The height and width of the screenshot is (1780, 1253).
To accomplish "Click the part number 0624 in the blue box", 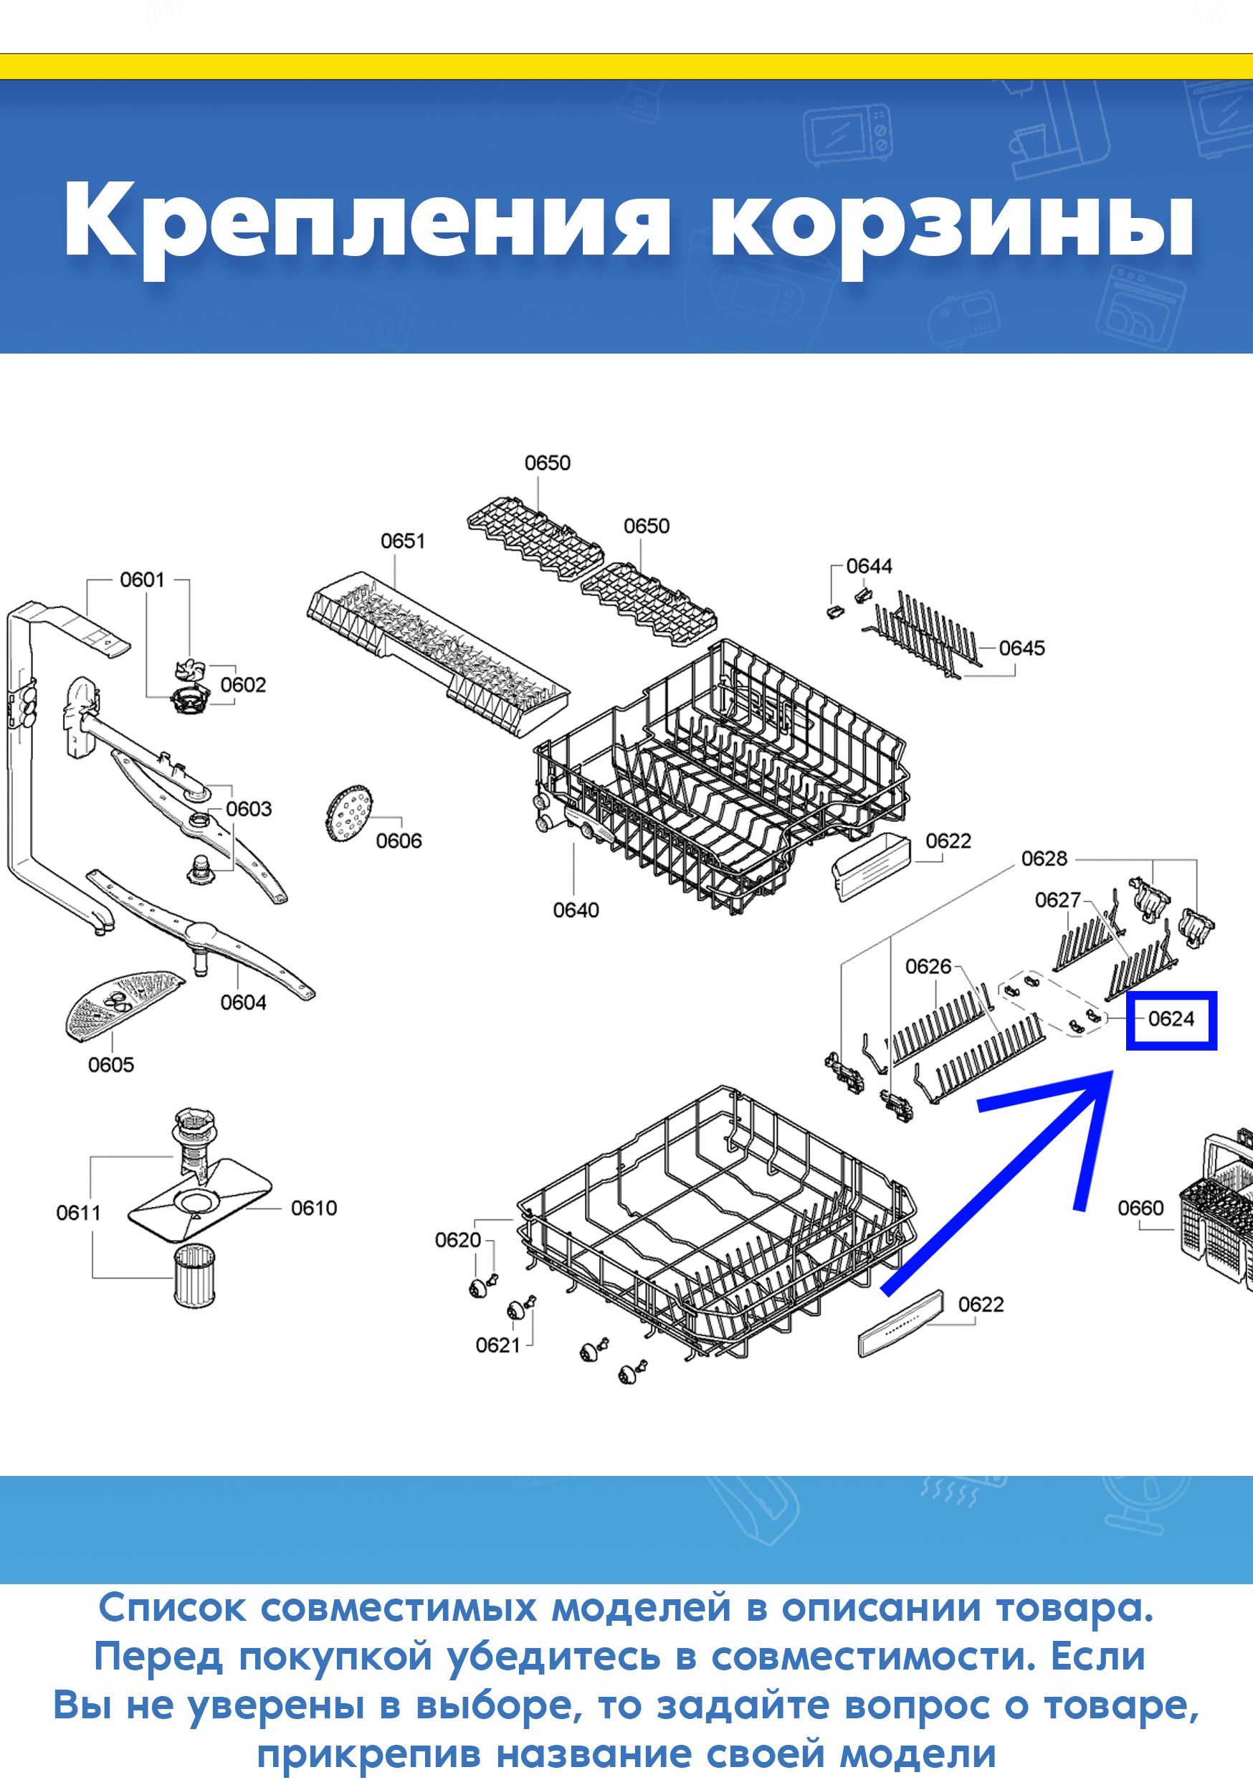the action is (1171, 1018).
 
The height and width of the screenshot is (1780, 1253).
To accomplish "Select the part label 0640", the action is (576, 909).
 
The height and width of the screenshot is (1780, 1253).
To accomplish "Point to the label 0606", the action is (399, 841).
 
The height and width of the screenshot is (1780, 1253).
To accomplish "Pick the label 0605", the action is (111, 1064).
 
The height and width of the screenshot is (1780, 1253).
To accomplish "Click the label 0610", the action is (314, 1208).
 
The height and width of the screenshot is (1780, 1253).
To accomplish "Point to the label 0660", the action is (1140, 1208).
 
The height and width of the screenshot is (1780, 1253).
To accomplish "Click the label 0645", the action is (1022, 648).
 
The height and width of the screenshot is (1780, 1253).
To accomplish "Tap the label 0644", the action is (870, 566).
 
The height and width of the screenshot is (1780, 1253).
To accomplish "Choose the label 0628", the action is (1044, 858).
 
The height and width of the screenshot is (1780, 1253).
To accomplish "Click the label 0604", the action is (243, 1003).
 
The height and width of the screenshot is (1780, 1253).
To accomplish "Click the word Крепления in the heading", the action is (366, 222).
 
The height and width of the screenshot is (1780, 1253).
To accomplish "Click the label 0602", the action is (243, 685).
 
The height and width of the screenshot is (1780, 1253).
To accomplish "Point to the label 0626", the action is (928, 966).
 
